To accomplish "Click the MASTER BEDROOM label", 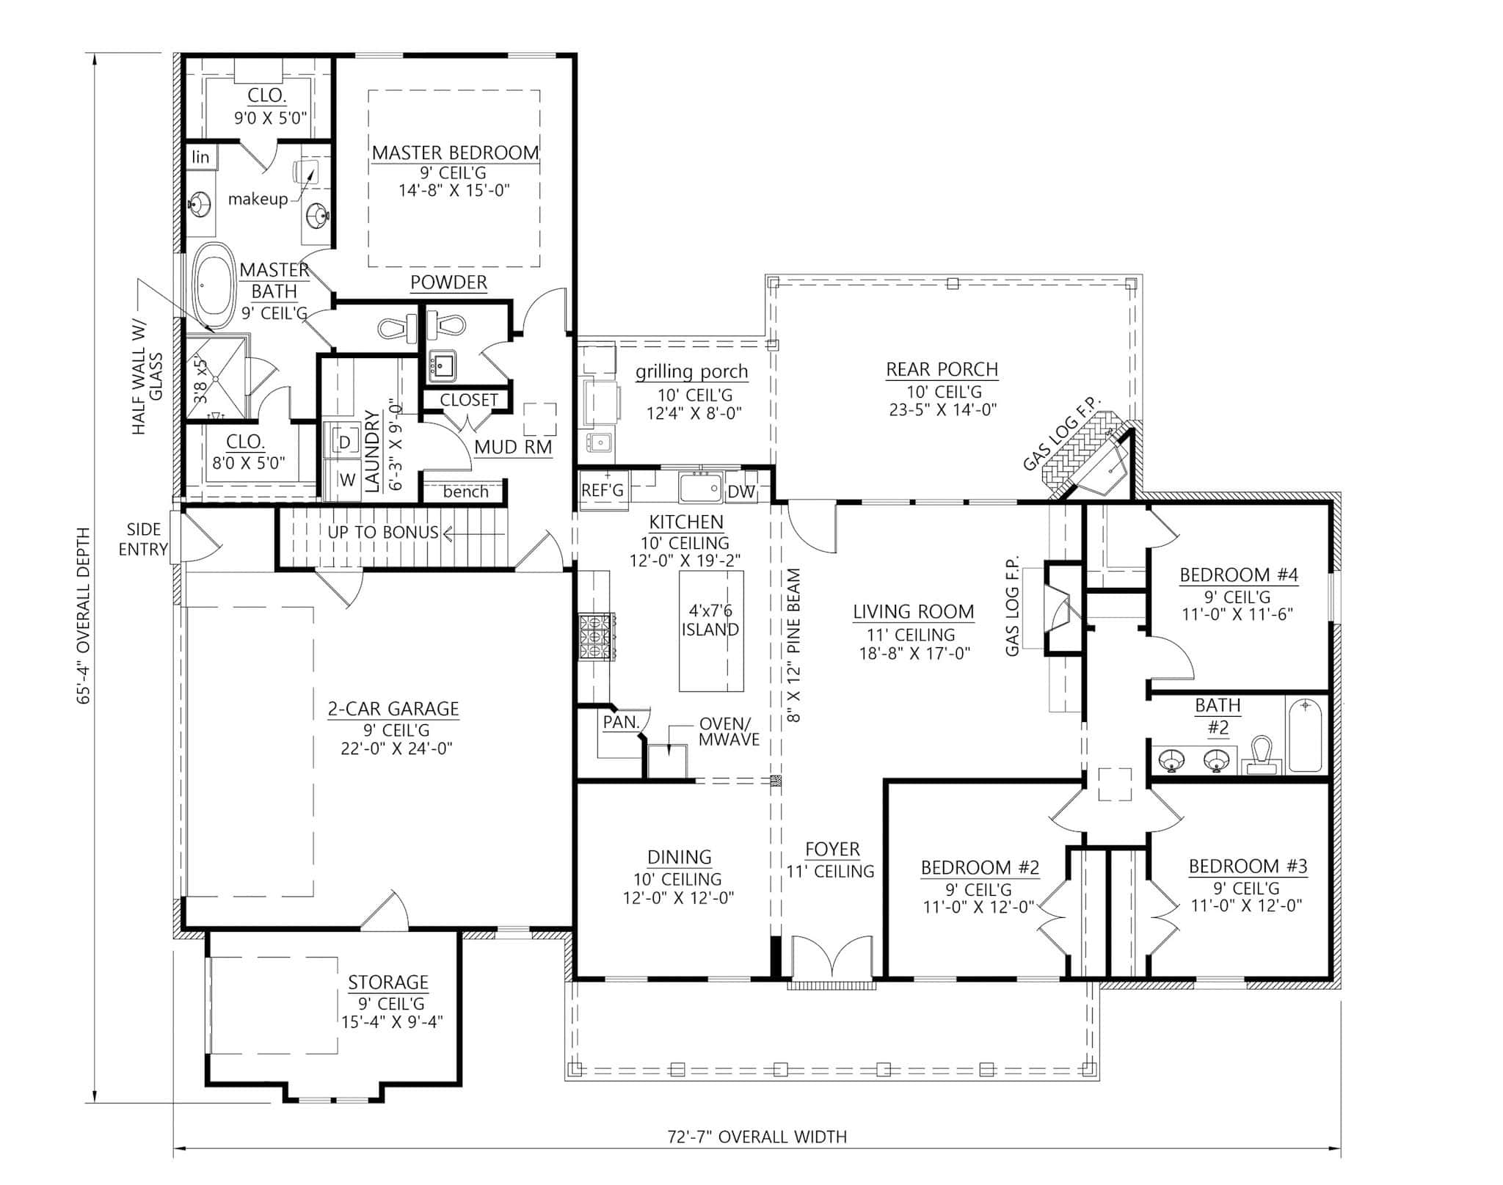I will pyautogui.click(x=455, y=153).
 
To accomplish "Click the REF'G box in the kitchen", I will pyautogui.click(x=603, y=490).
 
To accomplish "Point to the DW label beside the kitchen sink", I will pyautogui.click(x=741, y=492).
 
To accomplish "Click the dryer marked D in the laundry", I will pyautogui.click(x=345, y=442).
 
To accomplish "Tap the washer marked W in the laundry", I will pyautogui.click(x=346, y=481).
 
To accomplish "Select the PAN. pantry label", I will pyautogui.click(x=621, y=722).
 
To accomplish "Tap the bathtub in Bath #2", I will pyautogui.click(x=1305, y=734).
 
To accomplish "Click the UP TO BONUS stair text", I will pyautogui.click(x=383, y=532).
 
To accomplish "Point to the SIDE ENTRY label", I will pyautogui.click(x=144, y=539).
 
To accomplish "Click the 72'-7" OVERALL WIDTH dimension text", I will pyautogui.click(x=757, y=1137).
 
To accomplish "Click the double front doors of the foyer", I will pyautogui.click(x=831, y=958).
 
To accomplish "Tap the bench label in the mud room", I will pyautogui.click(x=465, y=492).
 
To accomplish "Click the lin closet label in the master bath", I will pyautogui.click(x=200, y=157).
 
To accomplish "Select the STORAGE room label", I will pyautogui.click(x=387, y=982).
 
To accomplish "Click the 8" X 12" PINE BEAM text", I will pyautogui.click(x=794, y=646).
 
